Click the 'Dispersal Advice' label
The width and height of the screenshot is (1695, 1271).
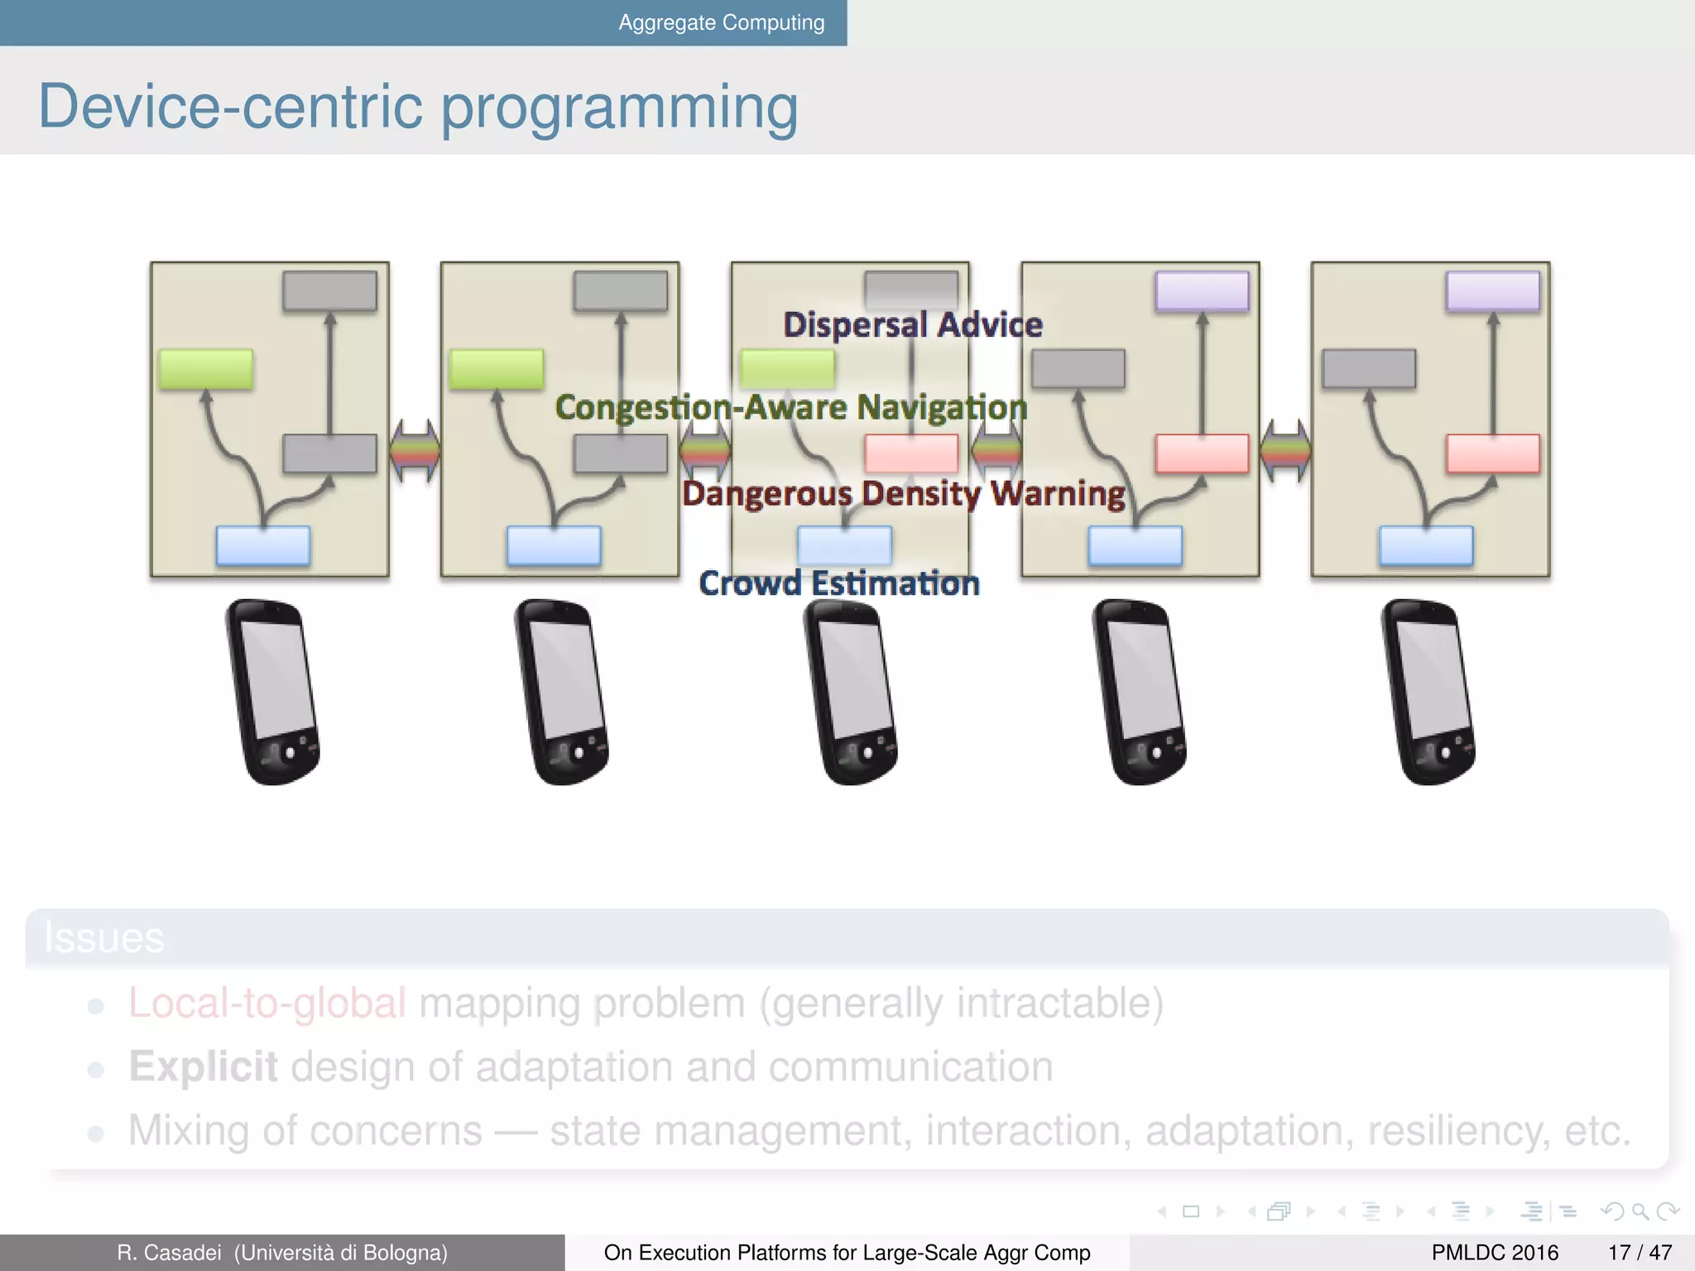point(912,324)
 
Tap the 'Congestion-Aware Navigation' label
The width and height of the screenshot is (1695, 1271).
point(790,407)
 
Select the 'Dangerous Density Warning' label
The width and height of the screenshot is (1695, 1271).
point(903,493)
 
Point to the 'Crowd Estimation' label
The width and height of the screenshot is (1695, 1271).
point(839,583)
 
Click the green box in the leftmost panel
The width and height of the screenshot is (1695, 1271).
point(205,369)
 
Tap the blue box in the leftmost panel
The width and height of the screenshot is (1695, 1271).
point(263,546)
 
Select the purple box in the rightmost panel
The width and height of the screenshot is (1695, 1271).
point(1493,291)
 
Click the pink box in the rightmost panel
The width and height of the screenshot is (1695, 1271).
point(1493,453)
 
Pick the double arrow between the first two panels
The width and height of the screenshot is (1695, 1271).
point(415,450)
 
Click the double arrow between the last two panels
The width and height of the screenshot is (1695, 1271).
point(1285,450)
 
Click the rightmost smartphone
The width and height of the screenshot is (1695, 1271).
point(1428,692)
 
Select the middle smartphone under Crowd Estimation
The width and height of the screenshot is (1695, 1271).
point(850,692)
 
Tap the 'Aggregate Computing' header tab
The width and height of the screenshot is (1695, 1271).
point(721,22)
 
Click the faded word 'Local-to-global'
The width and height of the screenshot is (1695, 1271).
point(266,1003)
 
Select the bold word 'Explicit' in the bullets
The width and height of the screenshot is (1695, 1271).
point(203,1067)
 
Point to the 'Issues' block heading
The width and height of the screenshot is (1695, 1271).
point(104,938)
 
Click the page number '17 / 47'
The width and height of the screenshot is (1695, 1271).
point(1640,1253)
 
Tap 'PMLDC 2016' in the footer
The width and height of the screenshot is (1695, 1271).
point(1495,1253)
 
